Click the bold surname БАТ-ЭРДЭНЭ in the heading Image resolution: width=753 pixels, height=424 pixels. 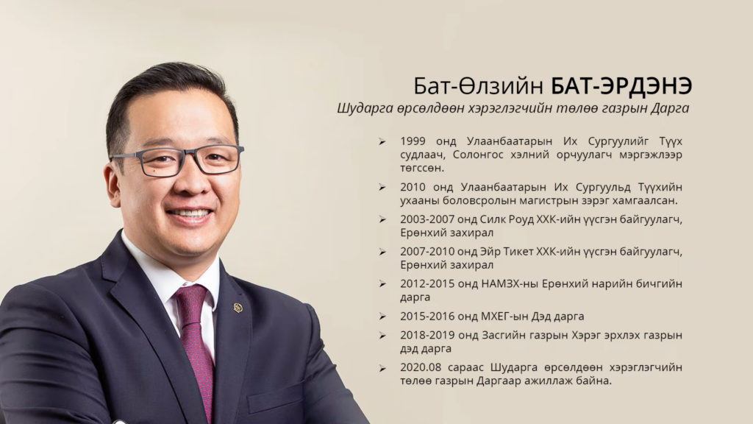click(621, 86)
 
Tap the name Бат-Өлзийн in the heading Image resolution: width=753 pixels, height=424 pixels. click(478, 87)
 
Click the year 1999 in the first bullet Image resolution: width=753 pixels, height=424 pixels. click(413, 141)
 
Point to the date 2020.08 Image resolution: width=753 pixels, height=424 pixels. click(421, 367)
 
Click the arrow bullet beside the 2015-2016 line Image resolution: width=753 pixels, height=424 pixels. click(382, 317)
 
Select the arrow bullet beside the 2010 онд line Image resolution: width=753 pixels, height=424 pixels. click(382, 187)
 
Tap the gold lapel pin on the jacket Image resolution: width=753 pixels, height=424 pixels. click(238, 307)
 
